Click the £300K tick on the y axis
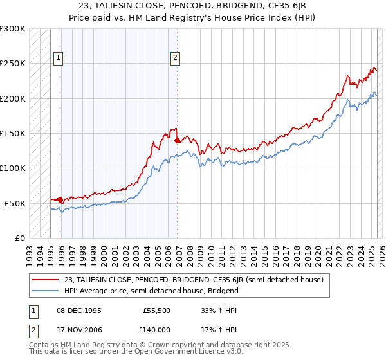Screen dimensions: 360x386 [x=13, y=29]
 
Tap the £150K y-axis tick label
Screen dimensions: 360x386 [x=13, y=134]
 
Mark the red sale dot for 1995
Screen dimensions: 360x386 [x=60, y=199]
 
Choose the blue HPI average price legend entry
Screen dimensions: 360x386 [x=151, y=291]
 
